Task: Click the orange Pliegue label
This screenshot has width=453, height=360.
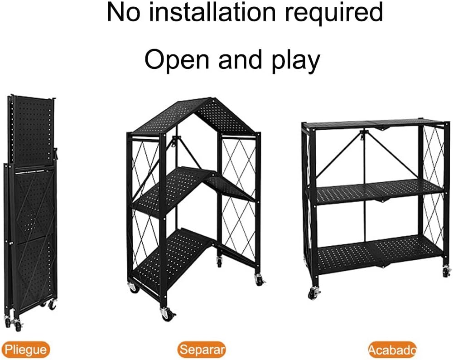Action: pyautogui.click(x=25, y=349)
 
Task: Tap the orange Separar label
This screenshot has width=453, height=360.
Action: pyautogui.click(x=202, y=349)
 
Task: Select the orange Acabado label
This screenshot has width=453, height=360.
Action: pyautogui.click(x=392, y=350)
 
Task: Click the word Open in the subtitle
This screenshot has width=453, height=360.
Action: pyautogui.click(x=177, y=59)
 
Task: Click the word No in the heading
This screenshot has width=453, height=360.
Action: pyautogui.click(x=124, y=12)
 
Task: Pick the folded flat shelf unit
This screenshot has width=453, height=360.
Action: pyautogui.click(x=30, y=213)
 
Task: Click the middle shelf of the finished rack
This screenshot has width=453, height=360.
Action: pyautogui.click(x=380, y=192)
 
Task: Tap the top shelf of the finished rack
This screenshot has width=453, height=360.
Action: pyautogui.click(x=376, y=124)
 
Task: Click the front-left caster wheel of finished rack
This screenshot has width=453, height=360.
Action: pyautogui.click(x=314, y=293)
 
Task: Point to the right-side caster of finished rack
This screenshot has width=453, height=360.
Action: pyautogui.click(x=446, y=271)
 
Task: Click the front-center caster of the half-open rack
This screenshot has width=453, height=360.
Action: pyautogui.click(x=167, y=313)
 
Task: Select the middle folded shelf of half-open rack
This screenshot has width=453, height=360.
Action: pyautogui.click(x=193, y=188)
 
